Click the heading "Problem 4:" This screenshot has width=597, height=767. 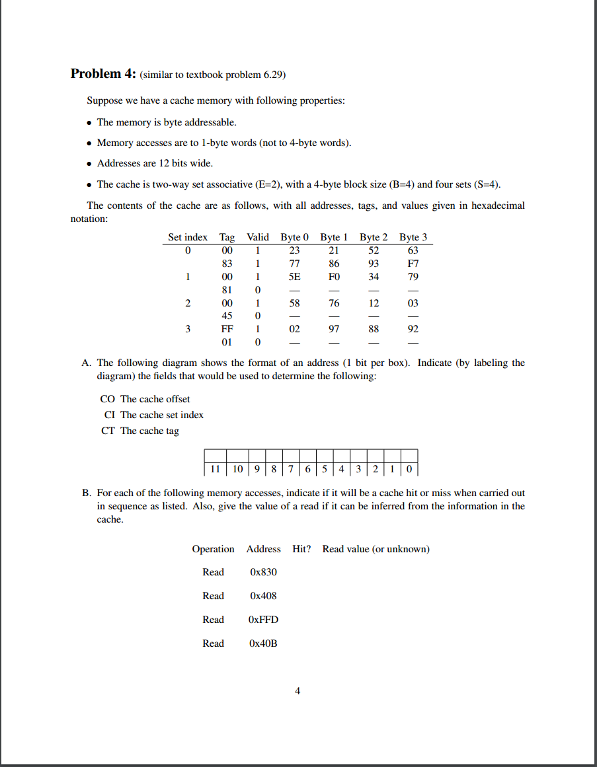pos(102,74)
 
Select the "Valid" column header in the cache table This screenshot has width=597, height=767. pos(257,237)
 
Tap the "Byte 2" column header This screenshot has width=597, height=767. pos(374,237)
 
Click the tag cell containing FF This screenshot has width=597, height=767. pos(227,329)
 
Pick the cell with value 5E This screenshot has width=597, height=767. pos(294,277)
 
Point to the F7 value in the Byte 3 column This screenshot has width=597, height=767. pos(413,264)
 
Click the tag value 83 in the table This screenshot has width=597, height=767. pos(227,264)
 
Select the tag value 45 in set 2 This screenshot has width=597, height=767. pos(227,316)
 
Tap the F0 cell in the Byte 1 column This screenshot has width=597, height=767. pos(334,277)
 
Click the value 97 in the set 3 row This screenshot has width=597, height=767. pos(334,329)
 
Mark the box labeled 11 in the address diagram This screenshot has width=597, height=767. pos(215,470)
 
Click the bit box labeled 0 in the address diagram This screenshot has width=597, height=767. pos(410,470)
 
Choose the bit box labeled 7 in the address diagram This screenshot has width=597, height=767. pos(291,470)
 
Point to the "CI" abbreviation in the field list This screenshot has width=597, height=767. pos(110,415)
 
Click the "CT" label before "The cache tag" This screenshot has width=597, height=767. pos(108,431)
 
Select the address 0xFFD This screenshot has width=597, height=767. pos(263,620)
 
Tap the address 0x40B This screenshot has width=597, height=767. pos(263,643)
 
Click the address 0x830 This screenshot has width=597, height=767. pos(263,572)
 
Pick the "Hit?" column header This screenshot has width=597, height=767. pos(301,549)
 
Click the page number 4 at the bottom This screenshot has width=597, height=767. pos(298,691)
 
